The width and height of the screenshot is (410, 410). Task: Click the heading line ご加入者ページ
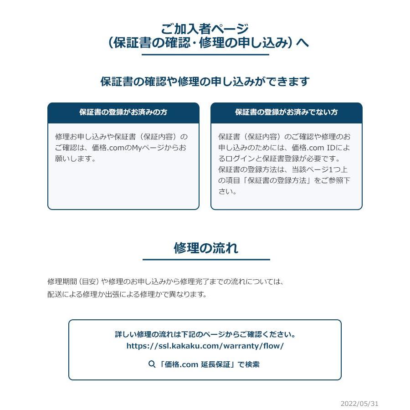pyautogui.click(x=205, y=29)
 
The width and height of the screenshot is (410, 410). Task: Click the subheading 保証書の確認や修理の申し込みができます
pyautogui.click(x=205, y=82)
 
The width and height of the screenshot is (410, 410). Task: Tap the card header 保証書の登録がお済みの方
pyautogui.click(x=123, y=112)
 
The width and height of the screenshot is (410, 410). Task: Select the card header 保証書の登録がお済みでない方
pyautogui.click(x=286, y=112)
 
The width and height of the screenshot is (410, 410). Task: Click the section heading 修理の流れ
pyautogui.click(x=206, y=248)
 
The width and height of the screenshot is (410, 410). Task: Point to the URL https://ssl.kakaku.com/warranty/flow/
pyautogui.click(x=205, y=346)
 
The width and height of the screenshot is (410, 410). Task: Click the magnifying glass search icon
pyautogui.click(x=152, y=364)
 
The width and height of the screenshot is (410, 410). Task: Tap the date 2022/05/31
pyautogui.click(x=359, y=404)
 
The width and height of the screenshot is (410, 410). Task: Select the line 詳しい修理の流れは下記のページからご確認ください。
pyautogui.click(x=205, y=334)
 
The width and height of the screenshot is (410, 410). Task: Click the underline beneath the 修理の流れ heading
pyautogui.click(x=206, y=260)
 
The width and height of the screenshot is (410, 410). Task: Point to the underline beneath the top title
pyautogui.click(x=205, y=55)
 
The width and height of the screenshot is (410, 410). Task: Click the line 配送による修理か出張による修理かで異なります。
pyautogui.click(x=127, y=294)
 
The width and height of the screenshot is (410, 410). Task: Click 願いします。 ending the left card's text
pyautogui.click(x=75, y=159)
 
